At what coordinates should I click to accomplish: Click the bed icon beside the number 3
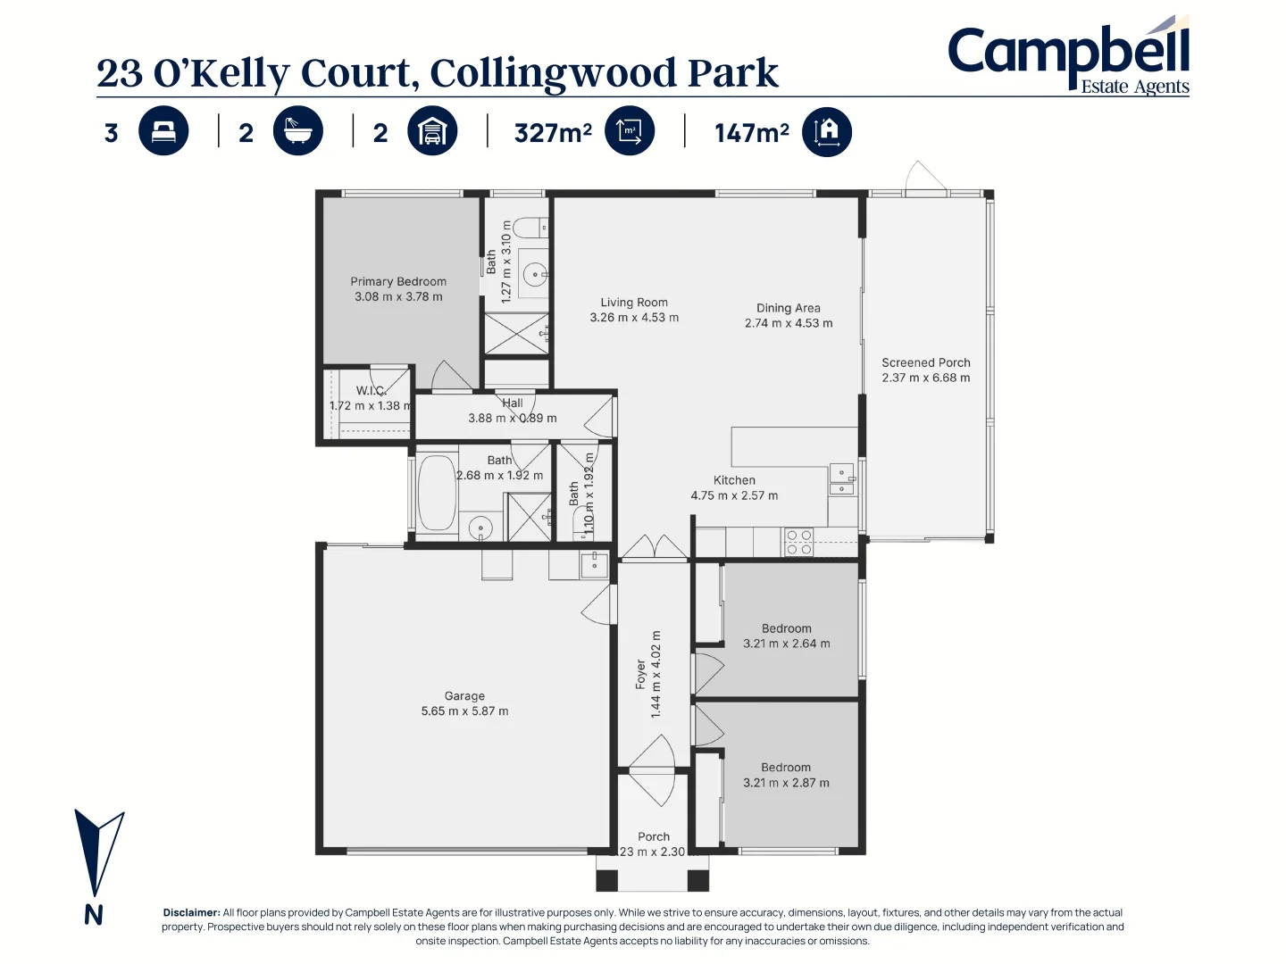tap(163, 131)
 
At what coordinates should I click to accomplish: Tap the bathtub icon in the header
tap(297, 131)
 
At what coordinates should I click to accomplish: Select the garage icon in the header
tap(432, 131)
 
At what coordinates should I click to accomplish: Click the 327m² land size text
tap(553, 133)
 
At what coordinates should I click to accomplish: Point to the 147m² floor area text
tap(751, 133)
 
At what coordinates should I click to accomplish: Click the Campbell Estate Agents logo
tap(1068, 57)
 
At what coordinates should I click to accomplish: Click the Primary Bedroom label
tap(398, 281)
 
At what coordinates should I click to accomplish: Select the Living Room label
tap(634, 303)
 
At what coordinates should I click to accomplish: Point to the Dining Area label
tap(789, 308)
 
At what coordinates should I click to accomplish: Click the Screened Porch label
tap(926, 362)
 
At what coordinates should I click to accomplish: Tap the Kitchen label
tap(734, 480)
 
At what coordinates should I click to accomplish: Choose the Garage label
tap(464, 696)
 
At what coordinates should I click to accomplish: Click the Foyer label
tap(640, 675)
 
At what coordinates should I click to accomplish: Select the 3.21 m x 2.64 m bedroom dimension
tap(787, 644)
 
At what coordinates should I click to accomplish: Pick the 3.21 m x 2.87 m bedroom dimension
tap(786, 783)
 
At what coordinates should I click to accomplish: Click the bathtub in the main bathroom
tap(437, 493)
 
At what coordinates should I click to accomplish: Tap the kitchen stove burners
tap(799, 543)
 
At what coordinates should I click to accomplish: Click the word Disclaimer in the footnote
tap(191, 913)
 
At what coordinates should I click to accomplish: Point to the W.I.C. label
tap(371, 390)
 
